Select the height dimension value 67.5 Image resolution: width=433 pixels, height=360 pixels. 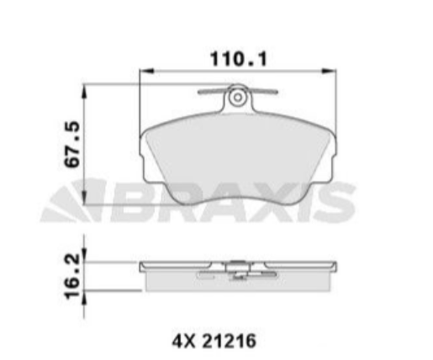[x=73, y=145]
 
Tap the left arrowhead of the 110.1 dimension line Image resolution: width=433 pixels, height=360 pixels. [x=141, y=73]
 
